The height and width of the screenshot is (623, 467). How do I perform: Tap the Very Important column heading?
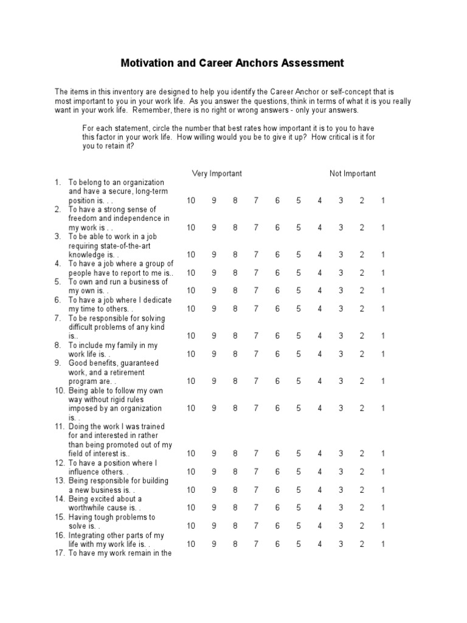(x=216, y=173)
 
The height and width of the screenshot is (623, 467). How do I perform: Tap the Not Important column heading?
(x=353, y=173)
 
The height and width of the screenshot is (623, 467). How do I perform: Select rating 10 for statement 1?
(x=191, y=201)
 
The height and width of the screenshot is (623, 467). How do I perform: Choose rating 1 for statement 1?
(x=383, y=201)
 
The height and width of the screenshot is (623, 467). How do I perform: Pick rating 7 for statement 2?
(x=256, y=228)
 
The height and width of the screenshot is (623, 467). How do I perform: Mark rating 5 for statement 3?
(x=299, y=255)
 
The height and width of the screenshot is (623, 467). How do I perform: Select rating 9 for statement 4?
(x=214, y=273)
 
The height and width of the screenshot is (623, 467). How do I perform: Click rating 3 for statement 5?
(x=341, y=291)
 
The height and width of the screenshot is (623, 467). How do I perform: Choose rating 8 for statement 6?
(x=235, y=309)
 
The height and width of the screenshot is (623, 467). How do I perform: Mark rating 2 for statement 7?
(x=362, y=336)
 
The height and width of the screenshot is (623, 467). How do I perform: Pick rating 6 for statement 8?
(x=277, y=354)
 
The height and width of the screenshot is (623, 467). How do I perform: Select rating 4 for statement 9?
(x=320, y=381)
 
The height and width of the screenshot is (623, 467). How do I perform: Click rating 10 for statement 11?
(x=191, y=454)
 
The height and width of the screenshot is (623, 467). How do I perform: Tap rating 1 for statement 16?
(x=383, y=545)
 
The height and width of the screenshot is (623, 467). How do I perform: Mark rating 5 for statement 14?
(x=299, y=508)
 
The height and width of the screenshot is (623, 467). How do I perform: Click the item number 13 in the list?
(x=59, y=481)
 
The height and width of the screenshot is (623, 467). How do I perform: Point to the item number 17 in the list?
(x=59, y=553)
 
